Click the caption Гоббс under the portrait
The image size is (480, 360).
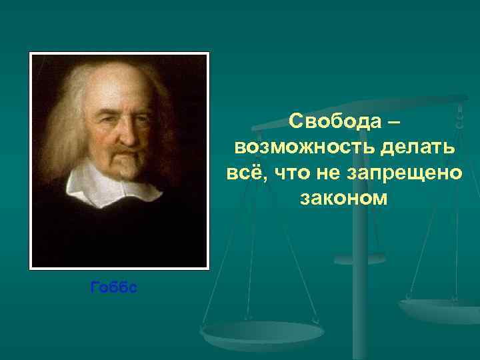[113, 287]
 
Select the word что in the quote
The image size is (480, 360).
[287, 173]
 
